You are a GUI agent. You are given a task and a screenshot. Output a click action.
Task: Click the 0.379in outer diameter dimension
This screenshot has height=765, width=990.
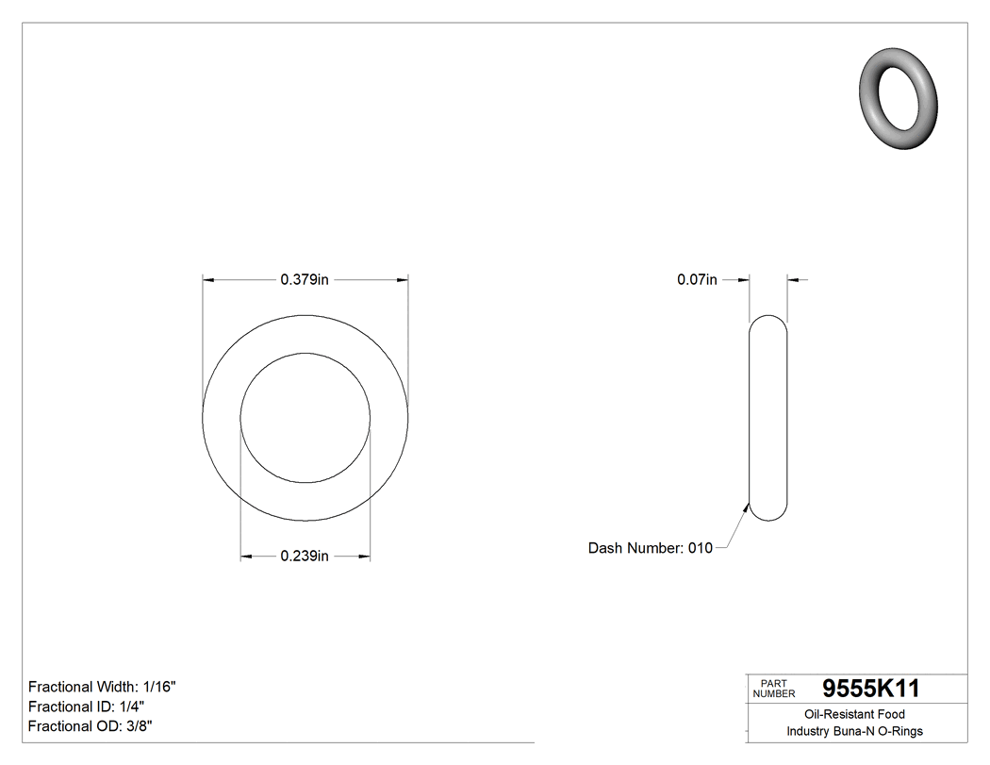point(304,279)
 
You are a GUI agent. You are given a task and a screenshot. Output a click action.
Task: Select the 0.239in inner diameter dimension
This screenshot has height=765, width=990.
point(304,557)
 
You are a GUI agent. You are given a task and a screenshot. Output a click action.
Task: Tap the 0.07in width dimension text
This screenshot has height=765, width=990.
point(697,279)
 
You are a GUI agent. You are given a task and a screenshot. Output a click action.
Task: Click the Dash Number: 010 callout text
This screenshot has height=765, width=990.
point(651,548)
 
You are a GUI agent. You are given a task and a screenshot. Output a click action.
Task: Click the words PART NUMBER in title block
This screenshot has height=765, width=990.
point(774,689)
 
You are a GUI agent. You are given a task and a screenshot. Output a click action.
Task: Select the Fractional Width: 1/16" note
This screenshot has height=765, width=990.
point(102,687)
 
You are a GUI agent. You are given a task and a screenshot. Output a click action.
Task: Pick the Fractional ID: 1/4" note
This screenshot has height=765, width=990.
point(86,707)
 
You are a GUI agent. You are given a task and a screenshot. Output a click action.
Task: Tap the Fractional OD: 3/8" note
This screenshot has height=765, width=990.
point(91,726)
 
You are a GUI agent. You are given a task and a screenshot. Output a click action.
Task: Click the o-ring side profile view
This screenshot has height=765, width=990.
point(768,417)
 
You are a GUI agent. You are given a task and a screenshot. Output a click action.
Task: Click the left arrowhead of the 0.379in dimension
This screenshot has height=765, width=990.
point(209,279)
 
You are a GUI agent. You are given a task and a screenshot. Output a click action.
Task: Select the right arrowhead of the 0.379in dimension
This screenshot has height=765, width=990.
point(402,279)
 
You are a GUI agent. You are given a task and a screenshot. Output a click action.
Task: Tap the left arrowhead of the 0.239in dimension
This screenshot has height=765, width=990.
point(247,557)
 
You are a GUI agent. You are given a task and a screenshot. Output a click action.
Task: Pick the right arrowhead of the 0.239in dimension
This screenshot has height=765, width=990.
point(363,557)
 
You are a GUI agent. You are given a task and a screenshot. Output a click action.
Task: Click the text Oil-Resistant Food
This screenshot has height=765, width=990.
point(854,714)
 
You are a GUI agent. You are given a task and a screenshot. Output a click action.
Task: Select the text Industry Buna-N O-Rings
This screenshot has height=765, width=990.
point(854,731)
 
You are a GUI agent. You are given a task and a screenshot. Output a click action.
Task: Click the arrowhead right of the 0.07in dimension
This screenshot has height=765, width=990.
point(793,279)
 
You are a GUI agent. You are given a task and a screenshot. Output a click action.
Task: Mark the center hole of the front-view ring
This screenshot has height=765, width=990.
point(305,417)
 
